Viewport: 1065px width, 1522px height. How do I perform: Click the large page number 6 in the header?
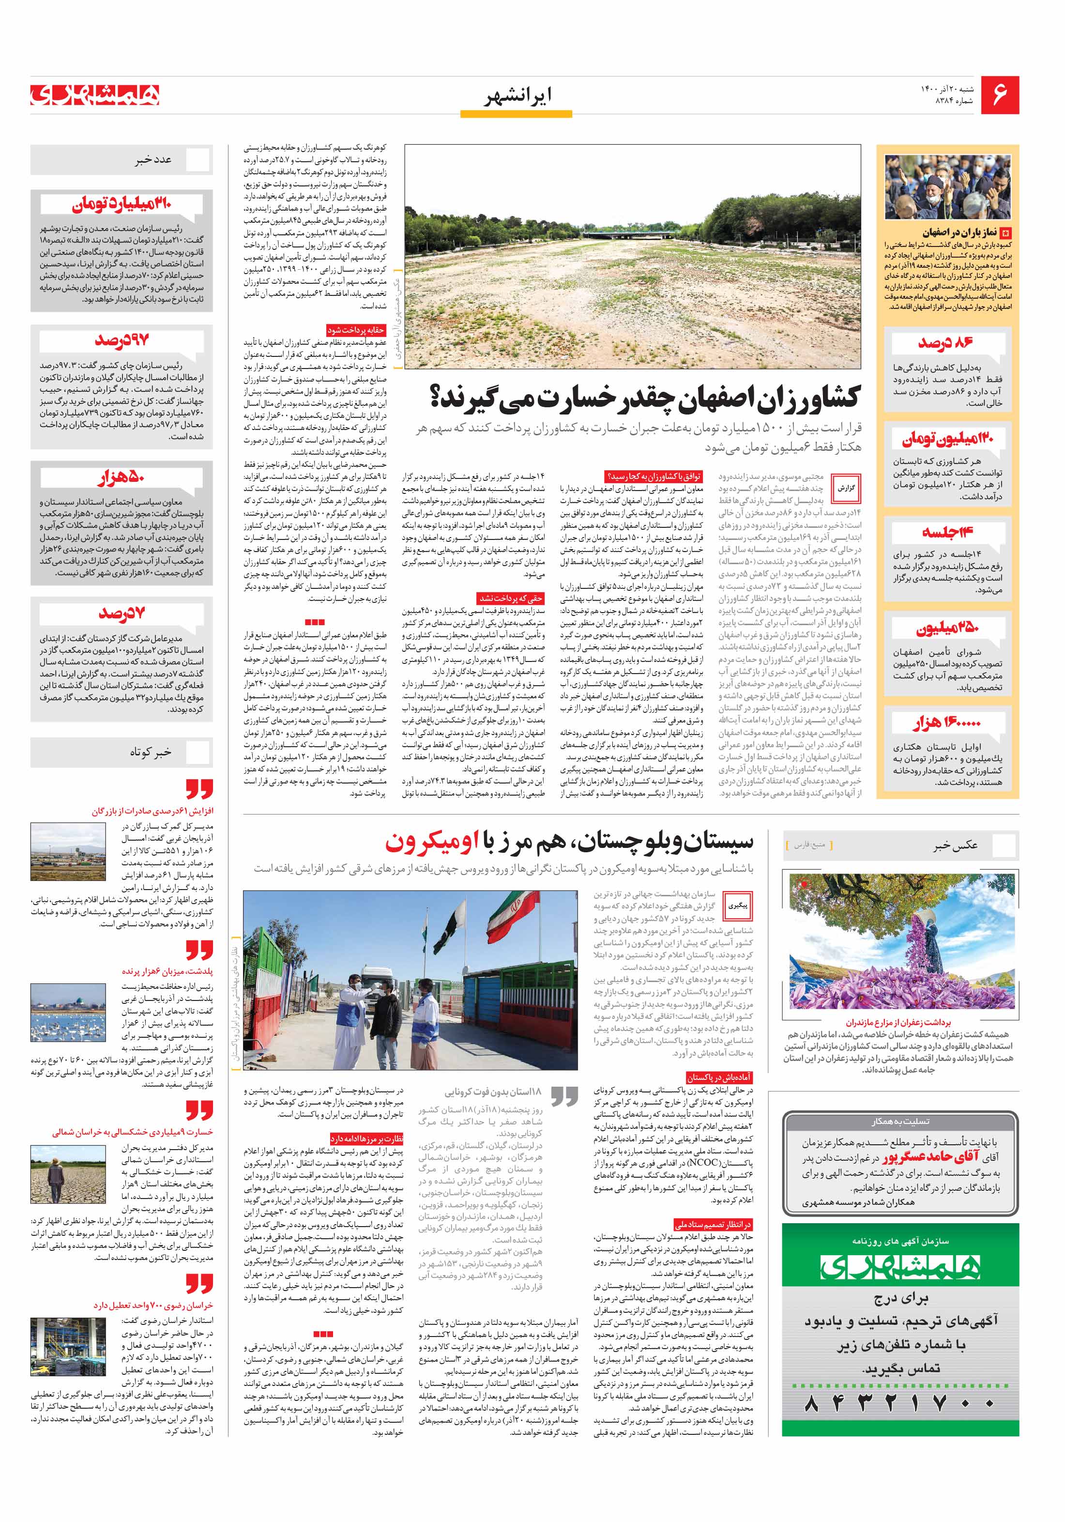tap(999, 95)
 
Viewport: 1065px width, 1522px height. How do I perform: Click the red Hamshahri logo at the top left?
tap(95, 95)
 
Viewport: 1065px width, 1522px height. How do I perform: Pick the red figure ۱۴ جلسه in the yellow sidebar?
tap(946, 532)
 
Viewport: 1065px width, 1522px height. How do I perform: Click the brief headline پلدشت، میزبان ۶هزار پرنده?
tap(167, 971)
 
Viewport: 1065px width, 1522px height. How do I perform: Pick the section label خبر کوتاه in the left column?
tap(151, 752)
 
